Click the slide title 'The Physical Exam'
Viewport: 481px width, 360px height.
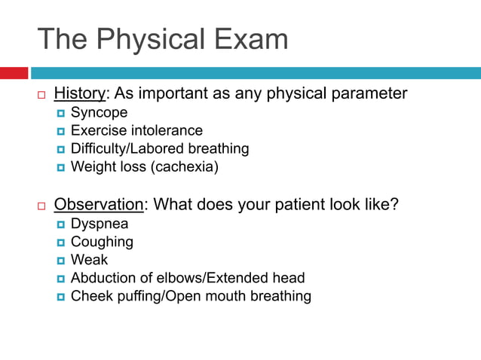(x=162, y=39)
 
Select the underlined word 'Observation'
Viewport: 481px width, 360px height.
(x=98, y=204)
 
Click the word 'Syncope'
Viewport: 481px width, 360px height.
(x=99, y=113)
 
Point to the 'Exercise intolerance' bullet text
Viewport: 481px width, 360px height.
(x=136, y=131)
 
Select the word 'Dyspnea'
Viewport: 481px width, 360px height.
(x=100, y=224)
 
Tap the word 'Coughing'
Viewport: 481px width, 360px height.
(x=102, y=242)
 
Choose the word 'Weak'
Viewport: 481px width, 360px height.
(x=89, y=260)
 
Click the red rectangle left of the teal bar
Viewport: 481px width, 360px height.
(x=14, y=73)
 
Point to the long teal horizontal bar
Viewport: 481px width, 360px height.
(x=255, y=73)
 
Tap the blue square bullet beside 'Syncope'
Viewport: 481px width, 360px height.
(x=61, y=114)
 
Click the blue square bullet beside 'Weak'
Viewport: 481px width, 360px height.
(x=61, y=261)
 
